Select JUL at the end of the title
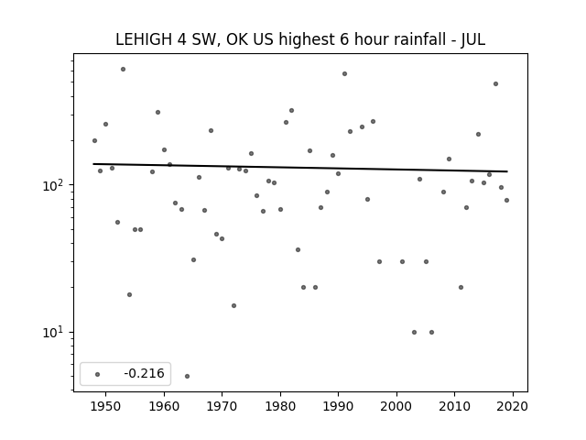(472, 39)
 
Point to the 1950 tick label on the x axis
(106, 406)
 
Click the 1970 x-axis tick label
(222, 406)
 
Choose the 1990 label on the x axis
(338, 406)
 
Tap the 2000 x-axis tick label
(396, 406)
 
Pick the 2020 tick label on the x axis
(513, 406)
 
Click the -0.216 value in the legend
(145, 373)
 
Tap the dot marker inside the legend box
(98, 374)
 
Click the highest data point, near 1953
(123, 70)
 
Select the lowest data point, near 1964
(187, 376)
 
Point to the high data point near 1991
(344, 73)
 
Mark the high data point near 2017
(495, 83)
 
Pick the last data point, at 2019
(506, 200)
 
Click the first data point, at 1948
(94, 140)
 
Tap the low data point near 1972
(234, 305)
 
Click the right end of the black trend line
(507, 171)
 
